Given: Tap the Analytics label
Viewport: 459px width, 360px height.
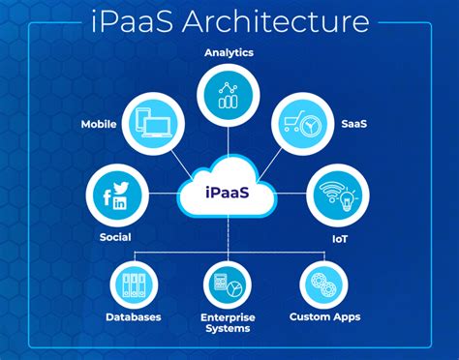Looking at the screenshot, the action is (229, 52).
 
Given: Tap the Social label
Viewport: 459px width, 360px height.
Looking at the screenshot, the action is (115, 235).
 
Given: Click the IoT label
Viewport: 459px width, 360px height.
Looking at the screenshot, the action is (339, 235).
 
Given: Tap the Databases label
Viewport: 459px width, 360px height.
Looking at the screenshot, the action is (135, 316).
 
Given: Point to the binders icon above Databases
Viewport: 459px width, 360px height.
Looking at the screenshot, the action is (135, 282).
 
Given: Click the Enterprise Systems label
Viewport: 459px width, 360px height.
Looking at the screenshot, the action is (229, 322).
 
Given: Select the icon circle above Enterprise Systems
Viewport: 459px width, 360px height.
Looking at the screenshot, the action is (229, 282).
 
